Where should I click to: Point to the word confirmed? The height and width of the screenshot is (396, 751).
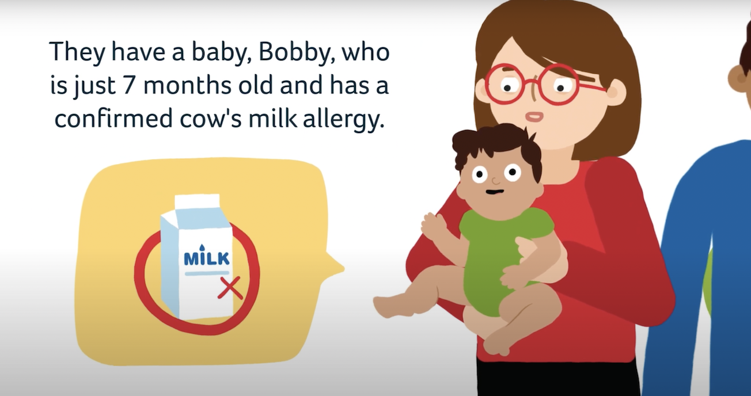113,117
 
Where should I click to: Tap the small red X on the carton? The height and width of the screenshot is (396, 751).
230,288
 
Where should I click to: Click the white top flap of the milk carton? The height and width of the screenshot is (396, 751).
197,203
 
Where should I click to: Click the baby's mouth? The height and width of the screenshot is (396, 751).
495,192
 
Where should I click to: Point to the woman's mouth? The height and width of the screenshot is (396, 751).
534,116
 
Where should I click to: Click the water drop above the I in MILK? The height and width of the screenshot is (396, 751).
201,248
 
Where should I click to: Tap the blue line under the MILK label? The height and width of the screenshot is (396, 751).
207,273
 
